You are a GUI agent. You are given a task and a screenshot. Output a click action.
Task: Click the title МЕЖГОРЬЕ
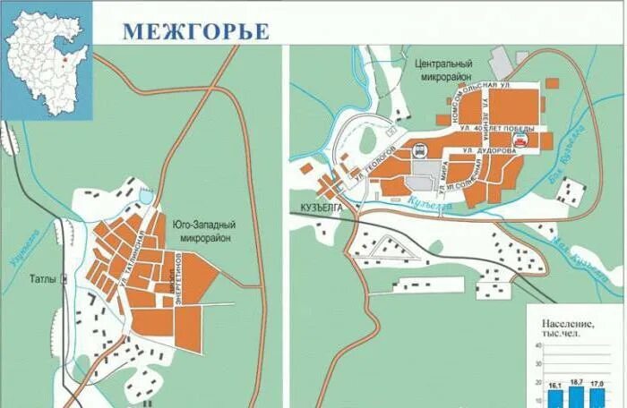[x=195, y=30]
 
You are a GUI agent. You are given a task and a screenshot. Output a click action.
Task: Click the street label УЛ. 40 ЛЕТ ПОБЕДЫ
[x=492, y=130]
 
